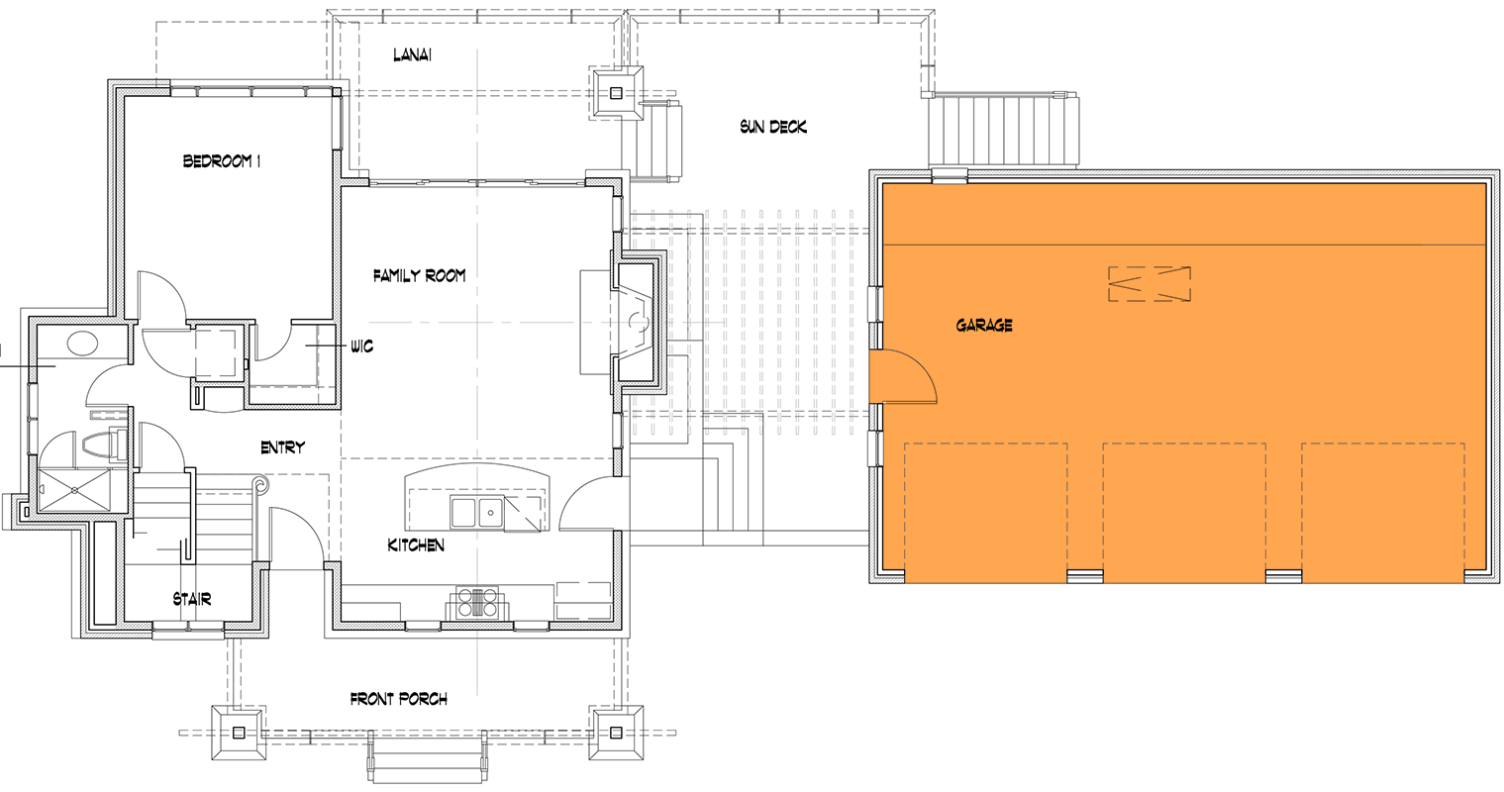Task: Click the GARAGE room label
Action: coord(984,325)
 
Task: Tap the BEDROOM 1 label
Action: coord(221,160)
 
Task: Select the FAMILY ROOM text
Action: coord(419,276)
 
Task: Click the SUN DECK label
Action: coord(772,127)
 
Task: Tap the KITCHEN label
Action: coord(416,545)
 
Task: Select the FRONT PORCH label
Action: coord(399,699)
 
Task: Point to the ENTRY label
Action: coord(282,447)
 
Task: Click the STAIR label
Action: coord(192,599)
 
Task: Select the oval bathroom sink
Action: coord(82,345)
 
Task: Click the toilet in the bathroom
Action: coord(104,445)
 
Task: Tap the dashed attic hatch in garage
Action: coord(1149,284)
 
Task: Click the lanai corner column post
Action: coord(617,94)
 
